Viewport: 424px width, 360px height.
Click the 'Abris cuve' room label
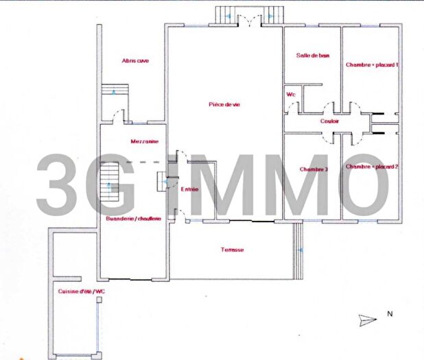[135, 61]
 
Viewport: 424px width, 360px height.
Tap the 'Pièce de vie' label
[224, 104]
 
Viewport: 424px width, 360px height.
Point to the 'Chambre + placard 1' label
[371, 64]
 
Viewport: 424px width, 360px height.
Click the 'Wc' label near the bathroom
[290, 94]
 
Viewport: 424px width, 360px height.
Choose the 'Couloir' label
[330, 121]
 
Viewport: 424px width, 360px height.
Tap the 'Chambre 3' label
[314, 169]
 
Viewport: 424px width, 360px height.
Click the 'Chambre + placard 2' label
[372, 167]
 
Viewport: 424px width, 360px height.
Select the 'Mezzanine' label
[144, 142]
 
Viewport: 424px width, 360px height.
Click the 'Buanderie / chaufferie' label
[134, 219]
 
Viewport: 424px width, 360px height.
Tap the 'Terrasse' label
[232, 250]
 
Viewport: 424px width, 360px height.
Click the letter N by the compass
[389, 314]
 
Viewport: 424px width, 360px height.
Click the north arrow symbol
[367, 319]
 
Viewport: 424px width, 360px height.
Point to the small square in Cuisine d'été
[99, 300]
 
